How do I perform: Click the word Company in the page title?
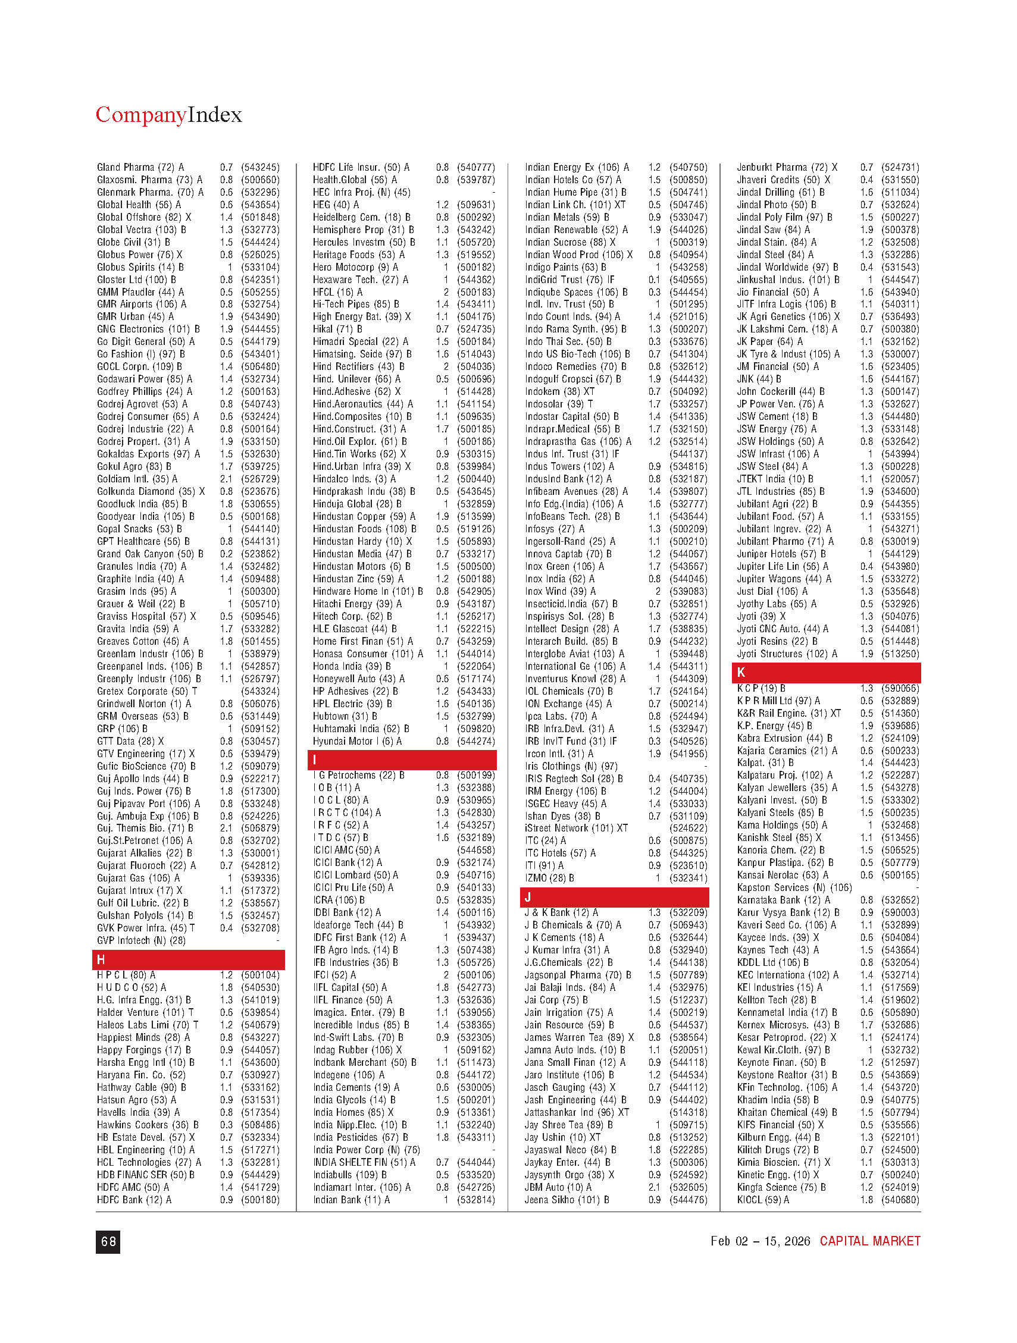(x=140, y=115)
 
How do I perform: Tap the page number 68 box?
(x=108, y=1242)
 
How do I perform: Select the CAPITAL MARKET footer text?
(x=869, y=1241)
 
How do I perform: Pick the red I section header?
(x=402, y=760)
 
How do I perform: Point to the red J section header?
(x=614, y=898)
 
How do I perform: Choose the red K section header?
(x=825, y=673)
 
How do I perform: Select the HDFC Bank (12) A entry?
(x=134, y=1200)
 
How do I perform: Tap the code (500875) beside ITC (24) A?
(x=689, y=841)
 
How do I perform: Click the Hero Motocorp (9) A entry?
(x=355, y=267)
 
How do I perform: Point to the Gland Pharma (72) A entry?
(x=140, y=168)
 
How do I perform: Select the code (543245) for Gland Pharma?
(x=260, y=168)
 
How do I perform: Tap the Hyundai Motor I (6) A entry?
(x=357, y=741)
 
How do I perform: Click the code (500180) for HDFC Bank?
(x=260, y=1200)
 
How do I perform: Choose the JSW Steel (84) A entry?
(x=772, y=467)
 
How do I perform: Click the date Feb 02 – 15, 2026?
(x=760, y=1241)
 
